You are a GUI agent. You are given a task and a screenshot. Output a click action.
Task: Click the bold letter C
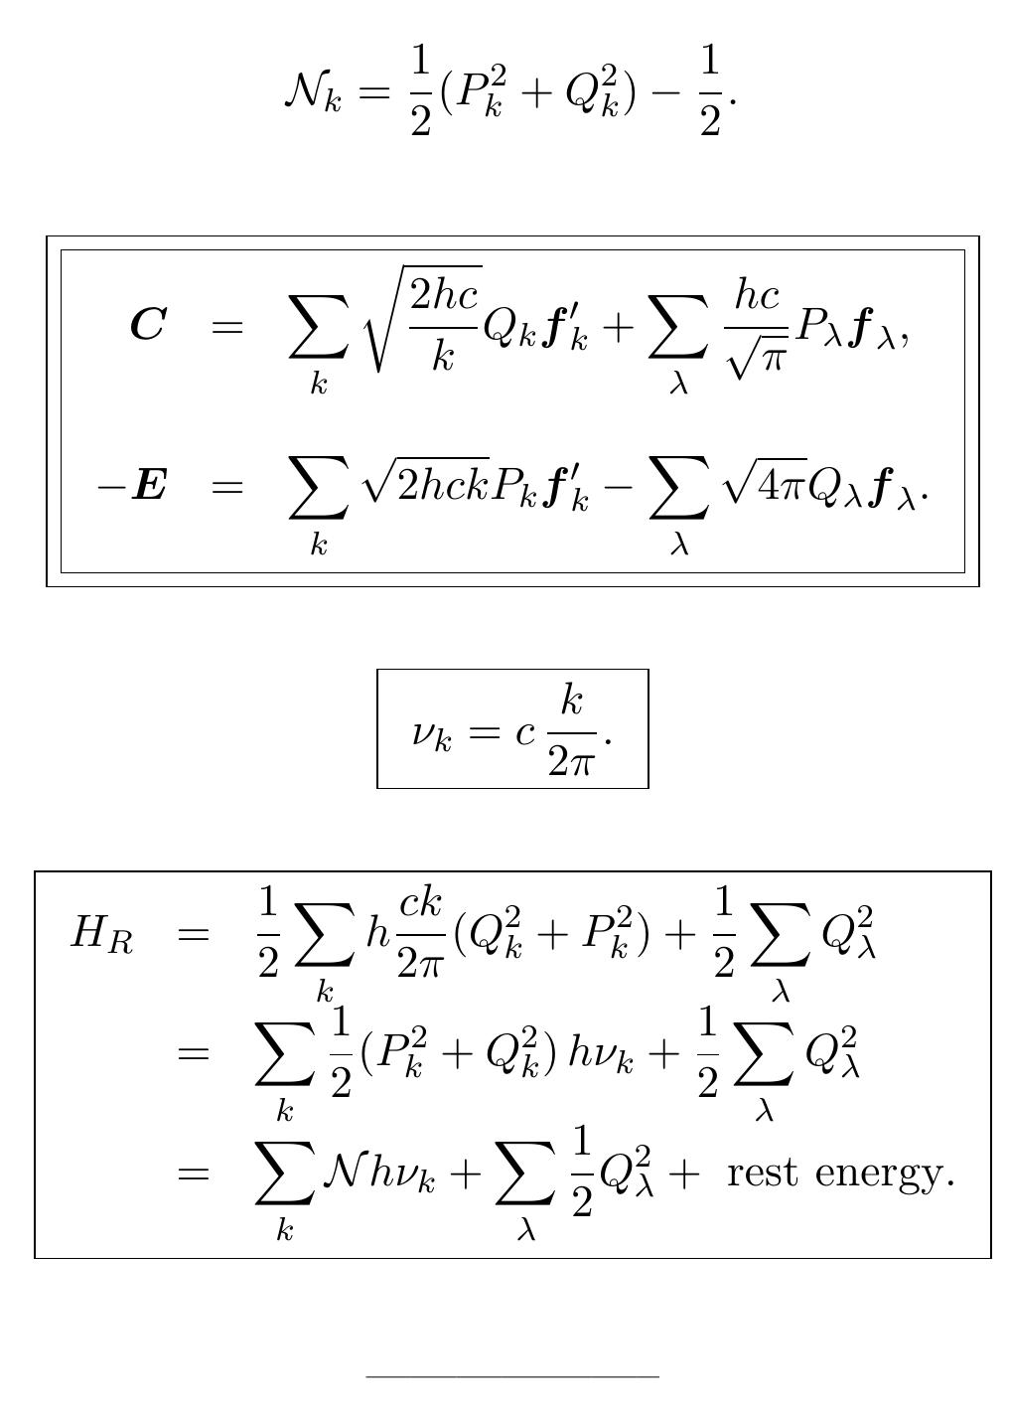(148, 325)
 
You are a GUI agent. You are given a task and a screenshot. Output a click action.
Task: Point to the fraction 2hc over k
(445, 324)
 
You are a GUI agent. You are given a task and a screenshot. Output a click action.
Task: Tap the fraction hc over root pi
(757, 325)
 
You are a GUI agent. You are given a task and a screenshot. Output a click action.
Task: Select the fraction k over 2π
(570, 730)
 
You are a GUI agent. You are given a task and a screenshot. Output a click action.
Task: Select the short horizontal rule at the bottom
(511, 1377)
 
